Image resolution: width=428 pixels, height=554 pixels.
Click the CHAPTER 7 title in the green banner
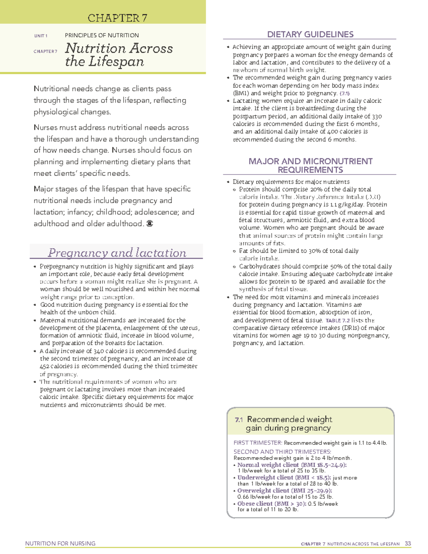[x=117, y=18]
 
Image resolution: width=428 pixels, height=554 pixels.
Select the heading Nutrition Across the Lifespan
[x=119, y=55]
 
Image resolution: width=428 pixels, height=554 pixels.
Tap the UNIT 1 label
[x=41, y=36]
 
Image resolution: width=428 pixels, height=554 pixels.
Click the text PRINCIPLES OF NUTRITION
[x=102, y=35]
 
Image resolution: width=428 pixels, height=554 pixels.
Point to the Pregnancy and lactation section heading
[x=117, y=253]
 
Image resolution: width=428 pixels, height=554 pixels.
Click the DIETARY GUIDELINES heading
[x=310, y=34]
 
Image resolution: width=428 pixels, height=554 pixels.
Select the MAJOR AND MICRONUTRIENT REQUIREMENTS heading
[x=310, y=166]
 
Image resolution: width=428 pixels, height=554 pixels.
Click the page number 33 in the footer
[x=408, y=544]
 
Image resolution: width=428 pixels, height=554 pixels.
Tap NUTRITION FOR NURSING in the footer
[x=60, y=544]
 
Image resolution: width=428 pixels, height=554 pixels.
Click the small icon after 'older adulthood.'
[x=150, y=224]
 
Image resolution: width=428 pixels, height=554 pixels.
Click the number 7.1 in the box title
[x=239, y=420]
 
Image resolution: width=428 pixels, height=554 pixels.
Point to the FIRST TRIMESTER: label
[x=258, y=443]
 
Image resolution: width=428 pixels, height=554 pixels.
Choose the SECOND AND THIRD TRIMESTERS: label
[x=277, y=452]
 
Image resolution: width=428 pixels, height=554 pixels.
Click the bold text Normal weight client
[x=268, y=465]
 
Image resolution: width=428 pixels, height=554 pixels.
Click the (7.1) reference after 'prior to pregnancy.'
[x=345, y=93]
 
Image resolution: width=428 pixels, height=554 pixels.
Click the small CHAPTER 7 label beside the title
[x=45, y=51]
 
